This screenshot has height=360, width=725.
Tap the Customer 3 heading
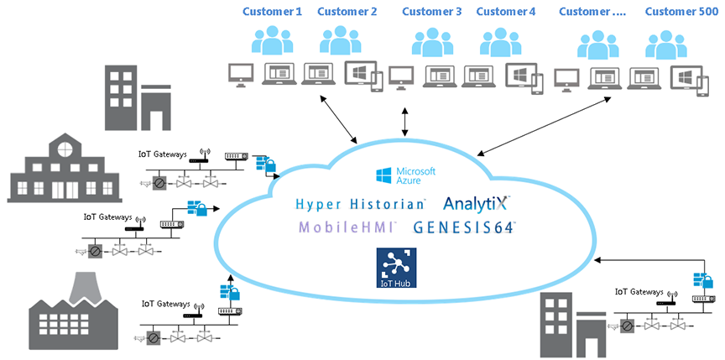pos(431,12)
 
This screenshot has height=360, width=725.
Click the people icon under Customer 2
pos(340,40)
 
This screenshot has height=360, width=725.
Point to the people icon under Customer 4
pos(501,42)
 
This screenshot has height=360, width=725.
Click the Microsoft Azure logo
pos(406,175)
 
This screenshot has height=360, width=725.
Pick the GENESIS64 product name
pos(465,227)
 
